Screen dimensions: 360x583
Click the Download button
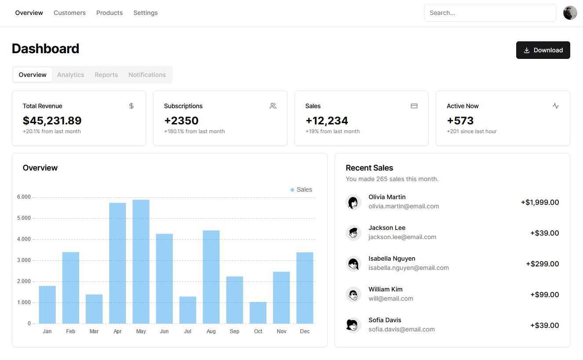click(543, 50)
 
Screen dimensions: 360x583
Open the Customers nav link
click(69, 13)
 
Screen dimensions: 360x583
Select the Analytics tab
click(70, 75)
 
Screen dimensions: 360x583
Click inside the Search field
click(489, 13)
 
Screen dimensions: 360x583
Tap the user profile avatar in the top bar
click(570, 13)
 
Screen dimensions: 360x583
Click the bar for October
click(258, 313)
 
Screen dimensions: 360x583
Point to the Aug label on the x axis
click(211, 331)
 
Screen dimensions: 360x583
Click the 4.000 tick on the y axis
click(24, 239)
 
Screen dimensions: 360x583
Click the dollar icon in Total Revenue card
click(131, 106)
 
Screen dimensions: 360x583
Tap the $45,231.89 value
click(52, 120)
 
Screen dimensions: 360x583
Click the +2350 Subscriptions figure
click(181, 120)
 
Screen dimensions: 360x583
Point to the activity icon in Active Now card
click(555, 106)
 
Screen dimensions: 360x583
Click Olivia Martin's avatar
click(353, 202)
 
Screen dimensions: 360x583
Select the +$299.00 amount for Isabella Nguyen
click(542, 264)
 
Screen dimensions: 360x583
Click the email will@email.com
click(390, 298)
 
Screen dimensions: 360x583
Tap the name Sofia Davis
click(385, 320)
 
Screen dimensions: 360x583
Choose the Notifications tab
click(147, 75)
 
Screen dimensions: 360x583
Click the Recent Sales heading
click(369, 168)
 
